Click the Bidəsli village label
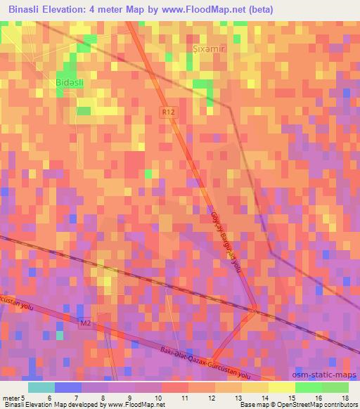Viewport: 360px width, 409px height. click(70, 82)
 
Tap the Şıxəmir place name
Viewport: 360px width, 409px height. click(208, 49)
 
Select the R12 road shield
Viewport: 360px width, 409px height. click(167, 112)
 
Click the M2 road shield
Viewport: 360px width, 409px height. click(86, 323)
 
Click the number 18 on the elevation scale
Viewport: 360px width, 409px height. click(345, 397)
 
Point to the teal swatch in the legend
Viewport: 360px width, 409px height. click(41, 387)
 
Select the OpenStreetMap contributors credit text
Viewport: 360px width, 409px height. click(319, 405)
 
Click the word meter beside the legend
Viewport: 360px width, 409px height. click(10, 397)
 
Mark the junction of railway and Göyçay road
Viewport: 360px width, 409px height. click(254, 309)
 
